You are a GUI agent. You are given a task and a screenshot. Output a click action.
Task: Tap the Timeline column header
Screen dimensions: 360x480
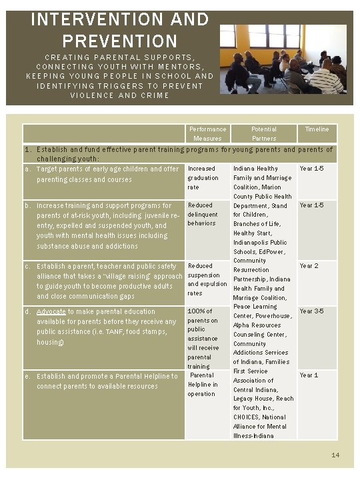(x=317, y=129)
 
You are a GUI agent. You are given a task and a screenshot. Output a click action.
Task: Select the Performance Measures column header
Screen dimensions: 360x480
(x=207, y=133)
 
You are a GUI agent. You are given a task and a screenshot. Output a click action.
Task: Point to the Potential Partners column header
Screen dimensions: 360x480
(x=264, y=133)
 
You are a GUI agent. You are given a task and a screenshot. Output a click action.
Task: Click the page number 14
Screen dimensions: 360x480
(x=336, y=455)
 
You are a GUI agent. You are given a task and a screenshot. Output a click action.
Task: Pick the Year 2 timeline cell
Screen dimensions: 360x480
(x=309, y=266)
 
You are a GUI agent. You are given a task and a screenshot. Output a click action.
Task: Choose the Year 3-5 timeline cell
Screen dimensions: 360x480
(x=312, y=311)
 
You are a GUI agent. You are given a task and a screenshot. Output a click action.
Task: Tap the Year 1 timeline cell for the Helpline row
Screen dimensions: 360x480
(x=309, y=375)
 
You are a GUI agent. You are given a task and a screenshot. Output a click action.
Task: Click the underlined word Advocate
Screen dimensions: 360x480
(x=51, y=311)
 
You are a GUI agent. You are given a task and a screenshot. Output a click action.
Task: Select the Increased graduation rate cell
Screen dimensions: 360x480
(x=203, y=178)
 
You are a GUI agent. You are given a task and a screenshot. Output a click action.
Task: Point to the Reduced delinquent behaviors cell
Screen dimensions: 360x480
(x=203, y=214)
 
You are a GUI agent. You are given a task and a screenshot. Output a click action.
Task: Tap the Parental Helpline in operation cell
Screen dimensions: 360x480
(x=203, y=385)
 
